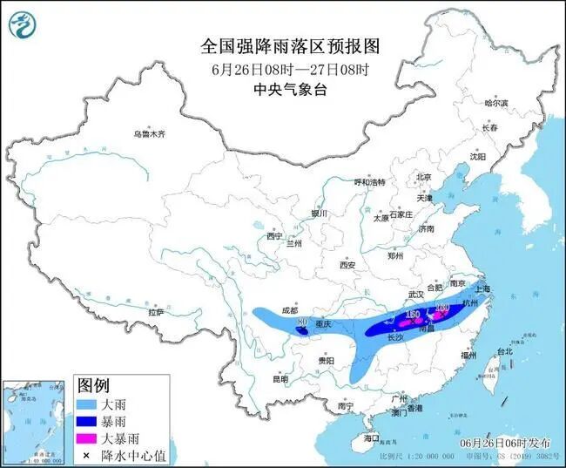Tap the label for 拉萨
[156, 312]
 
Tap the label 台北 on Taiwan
[504, 351]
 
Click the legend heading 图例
[94, 385]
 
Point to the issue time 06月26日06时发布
[505, 443]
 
